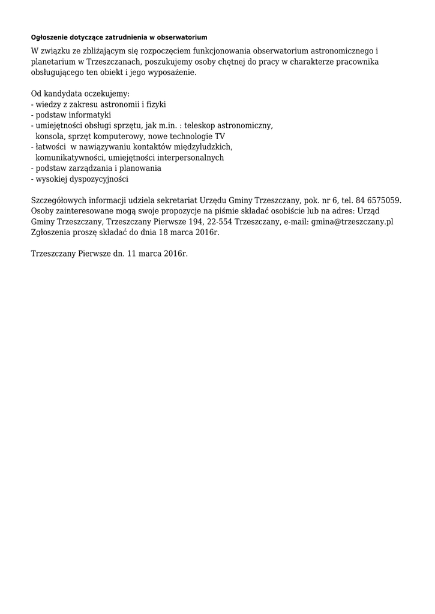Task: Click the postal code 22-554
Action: pos(220,222)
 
